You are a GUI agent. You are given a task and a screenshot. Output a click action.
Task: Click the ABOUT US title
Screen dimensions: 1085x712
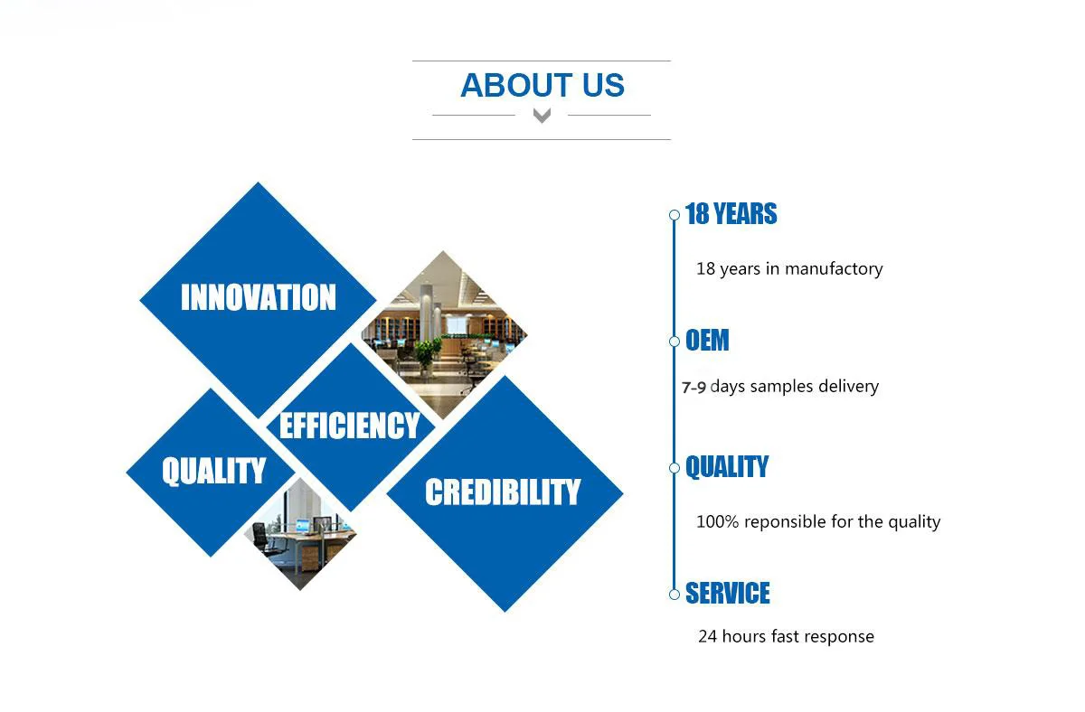coord(542,85)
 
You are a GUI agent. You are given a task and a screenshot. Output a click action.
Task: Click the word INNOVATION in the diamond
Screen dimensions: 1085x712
coord(259,296)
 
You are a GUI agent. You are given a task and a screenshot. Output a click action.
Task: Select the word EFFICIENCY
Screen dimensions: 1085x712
coord(349,426)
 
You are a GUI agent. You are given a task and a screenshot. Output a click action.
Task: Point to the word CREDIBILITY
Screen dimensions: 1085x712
coord(503,492)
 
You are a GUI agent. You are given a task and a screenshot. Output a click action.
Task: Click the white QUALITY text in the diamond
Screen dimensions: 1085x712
coord(213,471)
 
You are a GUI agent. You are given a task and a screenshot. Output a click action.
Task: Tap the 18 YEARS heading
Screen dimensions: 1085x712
coord(731,213)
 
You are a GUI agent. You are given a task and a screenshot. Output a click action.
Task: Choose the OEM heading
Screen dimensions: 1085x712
coord(707,340)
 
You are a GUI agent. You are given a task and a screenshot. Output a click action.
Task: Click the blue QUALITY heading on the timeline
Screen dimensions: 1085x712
coord(727,466)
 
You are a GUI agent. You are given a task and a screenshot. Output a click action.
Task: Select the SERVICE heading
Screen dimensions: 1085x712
coord(728,593)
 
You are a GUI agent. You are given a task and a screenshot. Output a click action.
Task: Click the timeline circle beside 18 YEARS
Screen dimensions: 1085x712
coord(675,215)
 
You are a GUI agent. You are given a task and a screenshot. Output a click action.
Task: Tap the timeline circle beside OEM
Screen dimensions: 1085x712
coord(675,342)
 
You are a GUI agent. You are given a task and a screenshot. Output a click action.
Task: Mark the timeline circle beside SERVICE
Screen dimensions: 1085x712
coord(675,595)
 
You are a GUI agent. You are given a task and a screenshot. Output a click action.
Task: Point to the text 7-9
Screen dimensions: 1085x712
coord(693,388)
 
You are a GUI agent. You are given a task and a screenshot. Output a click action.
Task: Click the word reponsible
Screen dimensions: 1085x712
coord(785,522)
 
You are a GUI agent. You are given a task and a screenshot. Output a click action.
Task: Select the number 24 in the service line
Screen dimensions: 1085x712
coord(708,636)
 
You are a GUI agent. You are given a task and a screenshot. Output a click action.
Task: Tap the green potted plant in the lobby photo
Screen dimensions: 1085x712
coord(426,353)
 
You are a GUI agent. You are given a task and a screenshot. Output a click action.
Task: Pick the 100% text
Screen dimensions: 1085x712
coord(717,521)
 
